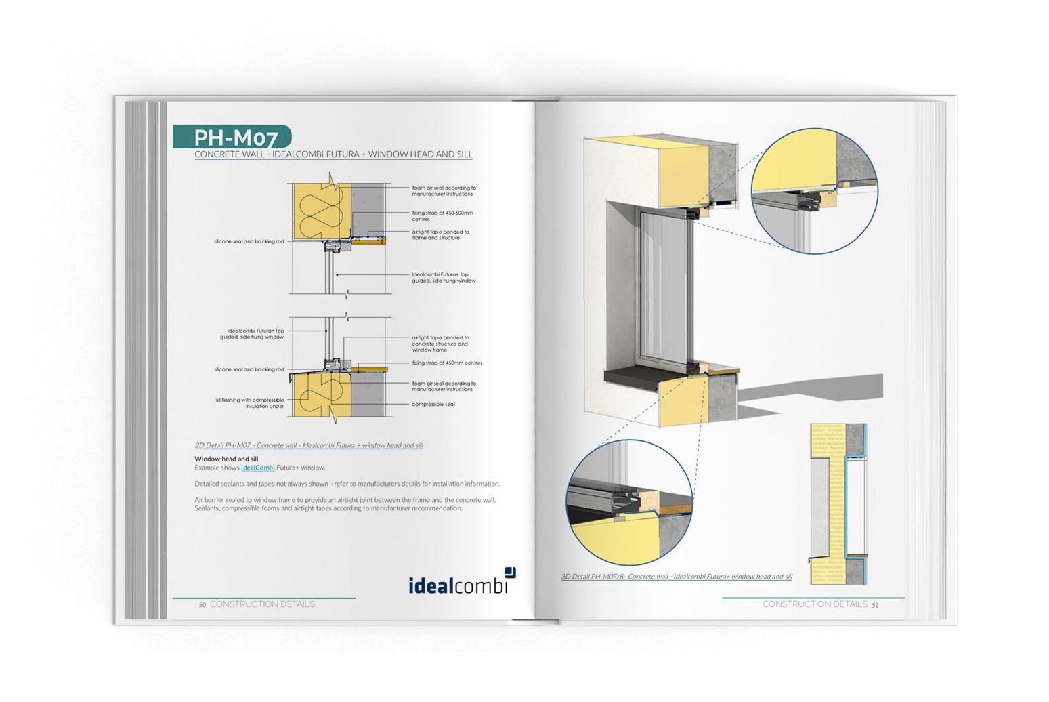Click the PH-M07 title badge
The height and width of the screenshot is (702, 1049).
click(x=232, y=138)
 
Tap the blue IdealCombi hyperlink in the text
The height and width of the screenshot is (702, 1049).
click(x=257, y=468)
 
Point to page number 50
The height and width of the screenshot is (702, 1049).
click(x=202, y=605)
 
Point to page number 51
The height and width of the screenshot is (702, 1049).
click(x=874, y=605)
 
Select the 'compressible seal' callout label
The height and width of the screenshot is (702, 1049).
click(x=433, y=405)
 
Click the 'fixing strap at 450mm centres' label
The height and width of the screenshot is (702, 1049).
click(x=447, y=363)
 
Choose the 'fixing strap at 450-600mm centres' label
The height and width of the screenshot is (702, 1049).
click(x=442, y=216)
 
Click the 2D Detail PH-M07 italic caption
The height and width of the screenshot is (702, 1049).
click(x=308, y=445)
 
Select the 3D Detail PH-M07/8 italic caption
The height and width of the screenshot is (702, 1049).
click(x=676, y=577)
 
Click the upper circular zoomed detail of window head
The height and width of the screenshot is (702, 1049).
click(x=815, y=192)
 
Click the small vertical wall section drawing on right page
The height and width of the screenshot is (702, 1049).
click(x=838, y=502)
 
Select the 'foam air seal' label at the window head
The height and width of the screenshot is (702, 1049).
click(x=444, y=191)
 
